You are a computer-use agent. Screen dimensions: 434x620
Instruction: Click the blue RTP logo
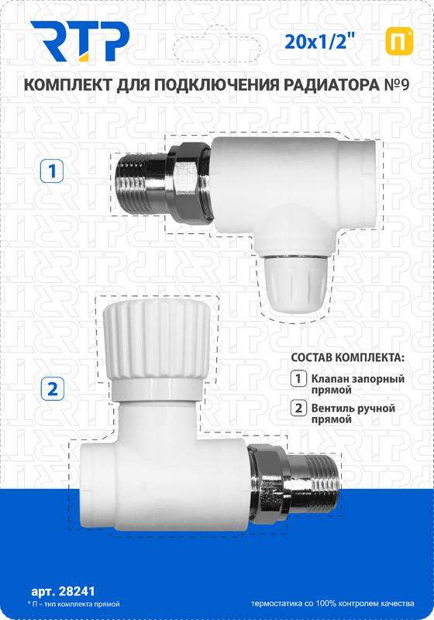(x=81, y=42)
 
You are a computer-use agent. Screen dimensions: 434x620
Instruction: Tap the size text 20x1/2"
(x=316, y=41)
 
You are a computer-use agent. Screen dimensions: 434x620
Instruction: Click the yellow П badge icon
(x=399, y=42)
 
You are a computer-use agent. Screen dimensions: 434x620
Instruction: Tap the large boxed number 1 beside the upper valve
(x=52, y=171)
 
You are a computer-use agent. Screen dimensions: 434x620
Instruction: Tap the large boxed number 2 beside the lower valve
(x=52, y=389)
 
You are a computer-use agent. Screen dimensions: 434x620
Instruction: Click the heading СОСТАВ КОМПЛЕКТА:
(x=348, y=357)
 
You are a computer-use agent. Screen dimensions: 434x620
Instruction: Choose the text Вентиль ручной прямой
(x=353, y=413)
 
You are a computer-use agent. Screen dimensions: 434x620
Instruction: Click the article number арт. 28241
(x=63, y=591)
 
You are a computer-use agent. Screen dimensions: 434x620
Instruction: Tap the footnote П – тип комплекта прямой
(x=74, y=604)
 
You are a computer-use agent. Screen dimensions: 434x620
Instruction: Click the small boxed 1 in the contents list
(x=298, y=378)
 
